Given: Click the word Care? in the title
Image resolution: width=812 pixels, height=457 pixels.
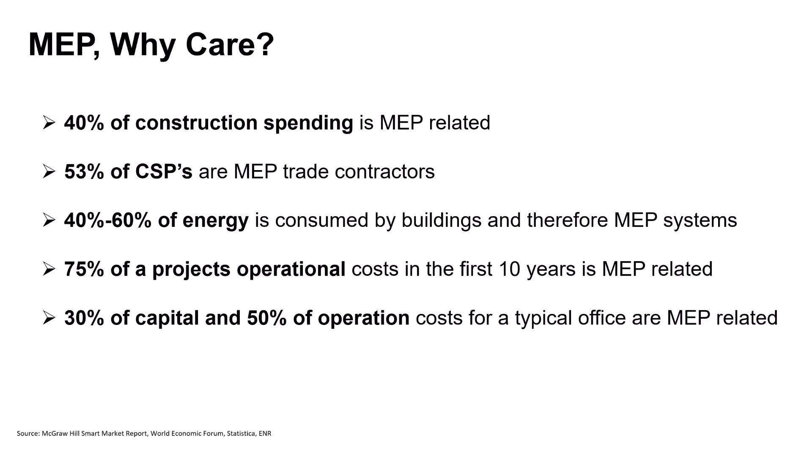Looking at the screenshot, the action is pyautogui.click(x=230, y=44).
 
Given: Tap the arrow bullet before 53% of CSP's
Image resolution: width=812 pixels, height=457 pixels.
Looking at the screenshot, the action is pyautogui.click(x=49, y=171).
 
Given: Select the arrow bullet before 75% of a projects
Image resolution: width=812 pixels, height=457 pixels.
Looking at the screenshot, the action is pyautogui.click(x=49, y=269).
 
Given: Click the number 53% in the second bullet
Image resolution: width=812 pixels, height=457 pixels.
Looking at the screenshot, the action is pyautogui.click(x=84, y=171).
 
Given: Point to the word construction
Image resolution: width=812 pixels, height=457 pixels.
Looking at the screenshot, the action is pyautogui.click(x=196, y=123).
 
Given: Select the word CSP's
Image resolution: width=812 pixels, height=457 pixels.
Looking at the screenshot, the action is pyautogui.click(x=164, y=171).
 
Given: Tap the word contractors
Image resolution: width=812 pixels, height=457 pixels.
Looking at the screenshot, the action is pyautogui.click(x=384, y=172).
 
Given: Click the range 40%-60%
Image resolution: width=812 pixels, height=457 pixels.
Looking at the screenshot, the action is pyautogui.click(x=108, y=220).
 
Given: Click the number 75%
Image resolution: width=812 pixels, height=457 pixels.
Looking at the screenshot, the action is pyautogui.click(x=84, y=269).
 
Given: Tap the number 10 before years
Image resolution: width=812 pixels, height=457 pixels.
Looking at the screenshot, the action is pyautogui.click(x=509, y=269).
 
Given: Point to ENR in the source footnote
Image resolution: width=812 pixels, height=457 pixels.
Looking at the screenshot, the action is pyautogui.click(x=265, y=433).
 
